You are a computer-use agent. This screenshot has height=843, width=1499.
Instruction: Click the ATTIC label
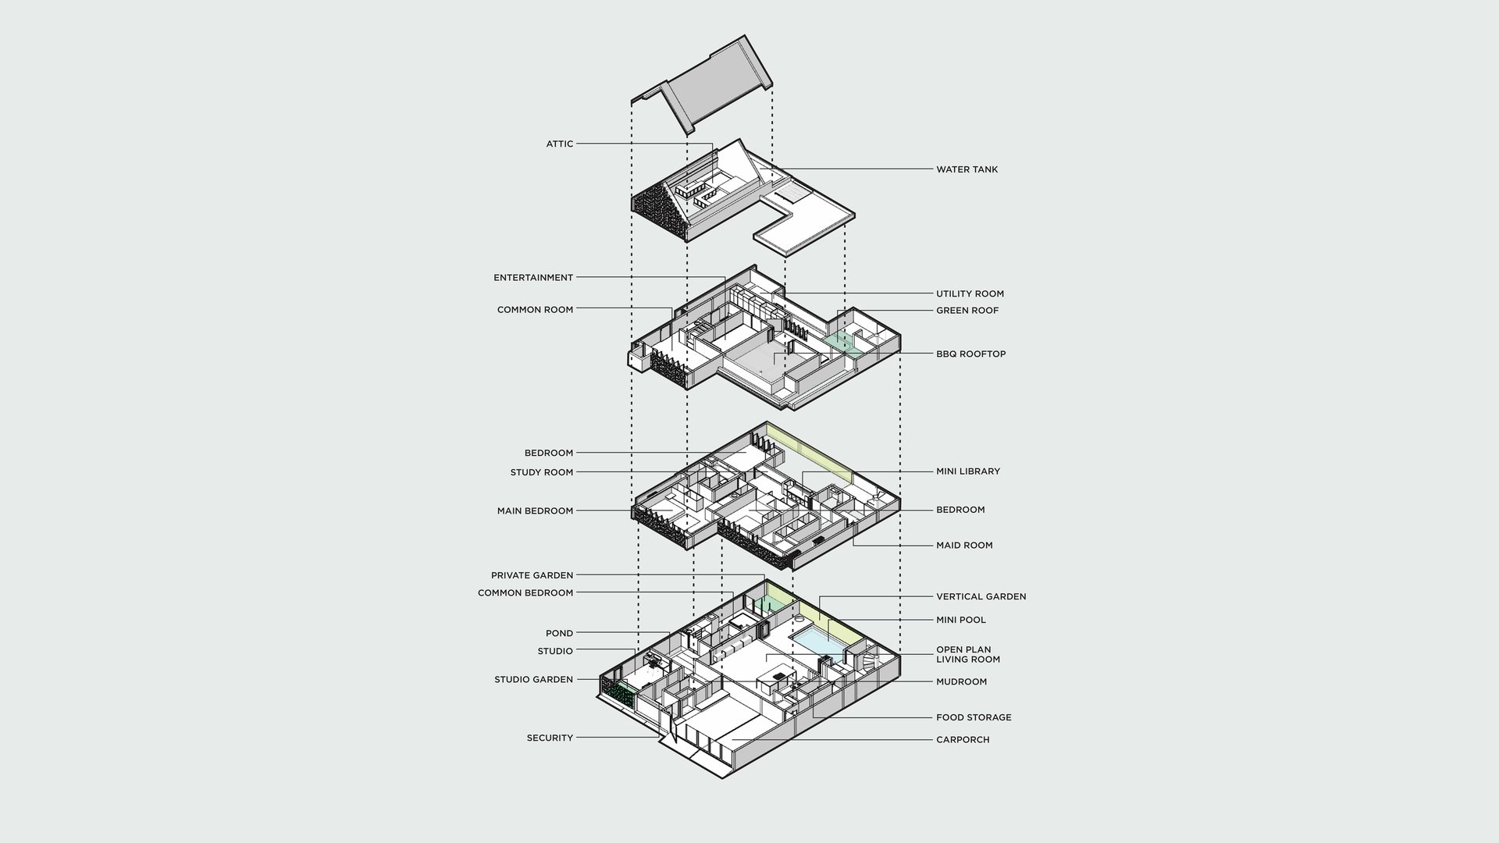tap(559, 144)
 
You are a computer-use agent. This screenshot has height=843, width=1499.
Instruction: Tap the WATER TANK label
tap(967, 169)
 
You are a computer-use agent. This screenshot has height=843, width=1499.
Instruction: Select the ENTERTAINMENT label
tap(533, 277)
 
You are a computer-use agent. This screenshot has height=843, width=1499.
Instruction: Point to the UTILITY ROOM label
tap(970, 293)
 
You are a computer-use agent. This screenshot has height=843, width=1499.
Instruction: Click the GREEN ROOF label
tap(967, 310)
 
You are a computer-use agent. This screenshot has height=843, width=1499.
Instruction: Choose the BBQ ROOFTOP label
tap(970, 354)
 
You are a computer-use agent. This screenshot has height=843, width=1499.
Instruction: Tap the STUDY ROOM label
tap(541, 472)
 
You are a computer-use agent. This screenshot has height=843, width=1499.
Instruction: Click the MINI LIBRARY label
tap(968, 471)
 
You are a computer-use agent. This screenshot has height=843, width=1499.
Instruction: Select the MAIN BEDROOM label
tap(535, 511)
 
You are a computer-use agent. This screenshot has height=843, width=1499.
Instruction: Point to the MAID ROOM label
tap(964, 545)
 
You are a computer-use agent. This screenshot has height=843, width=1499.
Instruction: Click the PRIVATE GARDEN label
tap(532, 575)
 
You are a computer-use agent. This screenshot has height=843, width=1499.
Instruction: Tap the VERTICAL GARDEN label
tap(981, 596)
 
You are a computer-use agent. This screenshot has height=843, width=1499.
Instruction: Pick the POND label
tap(559, 633)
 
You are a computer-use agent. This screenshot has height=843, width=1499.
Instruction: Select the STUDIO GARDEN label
tap(533, 679)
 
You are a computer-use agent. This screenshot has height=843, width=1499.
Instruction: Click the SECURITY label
tap(550, 738)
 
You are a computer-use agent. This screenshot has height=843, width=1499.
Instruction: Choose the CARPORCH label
tap(963, 739)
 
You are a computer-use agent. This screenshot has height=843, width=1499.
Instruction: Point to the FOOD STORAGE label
tap(974, 717)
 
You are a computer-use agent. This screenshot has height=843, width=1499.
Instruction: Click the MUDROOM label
tap(961, 681)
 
